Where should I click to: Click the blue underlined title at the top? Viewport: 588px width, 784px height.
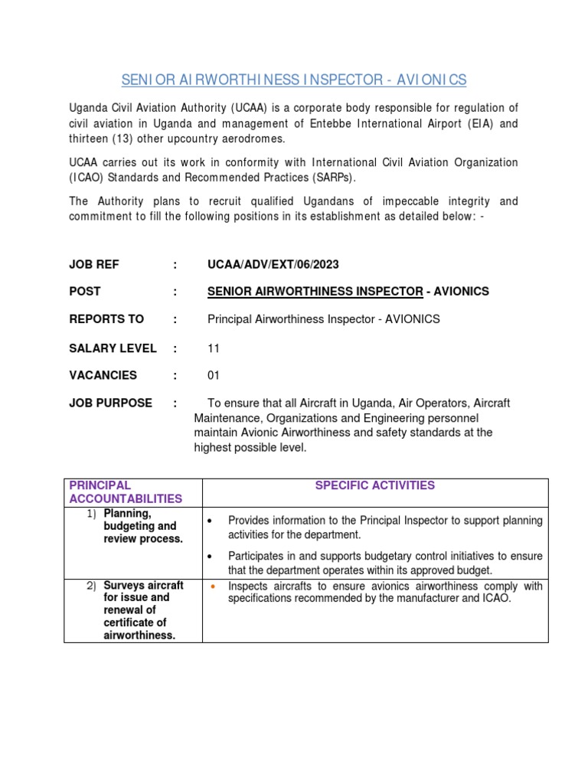(294, 80)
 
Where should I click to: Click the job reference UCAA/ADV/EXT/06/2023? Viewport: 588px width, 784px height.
(273, 265)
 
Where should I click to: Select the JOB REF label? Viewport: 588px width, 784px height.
(94, 265)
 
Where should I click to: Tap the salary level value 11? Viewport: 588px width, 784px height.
(214, 348)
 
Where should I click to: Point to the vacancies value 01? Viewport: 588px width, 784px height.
(214, 376)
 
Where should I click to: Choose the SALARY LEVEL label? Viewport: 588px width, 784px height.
(113, 348)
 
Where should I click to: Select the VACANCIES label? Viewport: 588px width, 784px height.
(103, 376)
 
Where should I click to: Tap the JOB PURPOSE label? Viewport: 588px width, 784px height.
(111, 403)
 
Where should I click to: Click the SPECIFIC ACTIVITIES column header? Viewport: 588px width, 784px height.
(374, 485)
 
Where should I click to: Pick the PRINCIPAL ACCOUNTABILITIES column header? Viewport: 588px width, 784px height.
(126, 492)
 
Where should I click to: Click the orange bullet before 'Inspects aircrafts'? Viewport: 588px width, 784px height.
(212, 586)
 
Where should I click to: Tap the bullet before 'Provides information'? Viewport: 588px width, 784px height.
(212, 521)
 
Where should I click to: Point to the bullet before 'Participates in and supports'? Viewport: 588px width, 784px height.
(212, 556)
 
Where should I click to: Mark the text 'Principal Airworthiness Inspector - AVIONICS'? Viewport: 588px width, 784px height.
(324, 319)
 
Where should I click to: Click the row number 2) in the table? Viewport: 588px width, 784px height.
(92, 586)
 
